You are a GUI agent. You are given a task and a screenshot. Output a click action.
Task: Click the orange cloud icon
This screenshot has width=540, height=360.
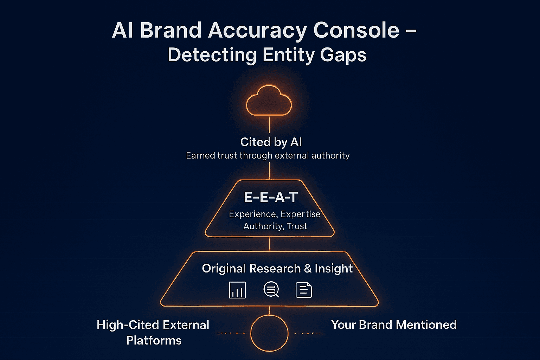[269, 101]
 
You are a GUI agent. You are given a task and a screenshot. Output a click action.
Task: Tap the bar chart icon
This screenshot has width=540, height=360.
[237, 290]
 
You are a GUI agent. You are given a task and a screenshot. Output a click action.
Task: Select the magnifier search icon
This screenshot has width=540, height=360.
[271, 290]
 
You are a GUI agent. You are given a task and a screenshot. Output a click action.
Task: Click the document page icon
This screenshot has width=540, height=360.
[304, 290]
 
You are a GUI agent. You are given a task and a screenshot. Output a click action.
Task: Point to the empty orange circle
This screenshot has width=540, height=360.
[269, 333]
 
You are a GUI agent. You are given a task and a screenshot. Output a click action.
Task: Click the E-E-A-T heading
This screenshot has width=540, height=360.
[271, 197]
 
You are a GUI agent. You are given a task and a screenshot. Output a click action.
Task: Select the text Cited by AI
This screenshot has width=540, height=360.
[271, 142]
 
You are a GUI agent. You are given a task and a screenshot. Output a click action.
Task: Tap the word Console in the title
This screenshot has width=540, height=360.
[356, 30]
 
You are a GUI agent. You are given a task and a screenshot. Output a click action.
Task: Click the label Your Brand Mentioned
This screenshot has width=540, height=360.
[394, 324]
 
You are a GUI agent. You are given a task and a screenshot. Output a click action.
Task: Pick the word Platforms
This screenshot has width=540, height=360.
[154, 340]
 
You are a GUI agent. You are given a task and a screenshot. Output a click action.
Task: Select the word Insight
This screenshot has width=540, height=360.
[334, 269]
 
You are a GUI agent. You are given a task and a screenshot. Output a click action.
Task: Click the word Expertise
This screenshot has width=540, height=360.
[300, 214]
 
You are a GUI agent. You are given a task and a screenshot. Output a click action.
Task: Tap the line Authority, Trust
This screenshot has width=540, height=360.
[275, 226]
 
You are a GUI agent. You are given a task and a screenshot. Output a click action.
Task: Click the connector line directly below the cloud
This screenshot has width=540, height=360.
[269, 125]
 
